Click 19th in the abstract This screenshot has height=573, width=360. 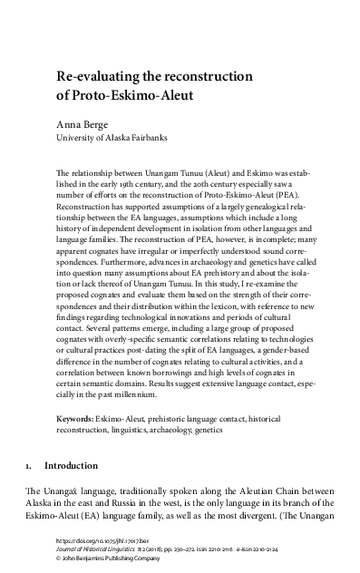click(x=143, y=183)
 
